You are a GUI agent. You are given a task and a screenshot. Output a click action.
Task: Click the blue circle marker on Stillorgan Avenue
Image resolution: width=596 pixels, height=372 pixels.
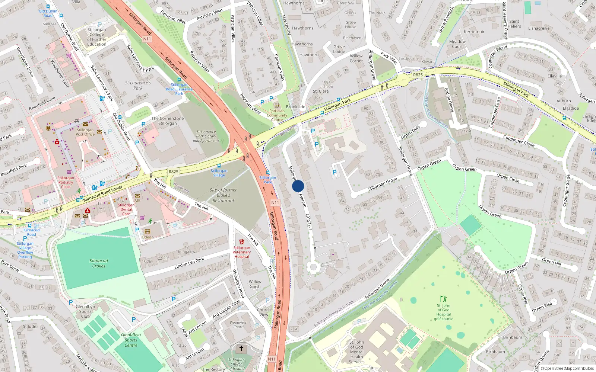coord(298,186)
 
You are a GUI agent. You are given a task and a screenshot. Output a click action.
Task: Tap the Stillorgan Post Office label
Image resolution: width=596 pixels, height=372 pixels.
coord(85,132)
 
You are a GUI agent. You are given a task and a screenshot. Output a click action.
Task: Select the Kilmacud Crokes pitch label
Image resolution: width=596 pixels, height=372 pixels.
coord(99,263)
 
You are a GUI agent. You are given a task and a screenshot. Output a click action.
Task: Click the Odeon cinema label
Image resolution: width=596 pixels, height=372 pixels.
coord(148,237)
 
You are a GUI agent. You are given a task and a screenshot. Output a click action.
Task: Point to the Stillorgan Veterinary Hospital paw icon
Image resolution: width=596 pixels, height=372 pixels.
coord(241,242)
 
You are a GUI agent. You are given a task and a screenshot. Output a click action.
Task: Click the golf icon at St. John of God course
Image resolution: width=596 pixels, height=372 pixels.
coord(443,299)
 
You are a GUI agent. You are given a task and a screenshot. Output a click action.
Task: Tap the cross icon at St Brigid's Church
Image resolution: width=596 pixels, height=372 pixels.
coord(241,349)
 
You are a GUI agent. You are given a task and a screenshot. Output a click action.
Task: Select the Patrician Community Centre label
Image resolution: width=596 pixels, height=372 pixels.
coord(277,115)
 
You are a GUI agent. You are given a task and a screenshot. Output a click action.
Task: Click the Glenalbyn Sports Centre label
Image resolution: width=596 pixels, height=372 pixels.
coord(131,340)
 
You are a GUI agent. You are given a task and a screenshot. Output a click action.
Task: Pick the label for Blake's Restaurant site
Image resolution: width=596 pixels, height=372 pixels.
coord(223,195)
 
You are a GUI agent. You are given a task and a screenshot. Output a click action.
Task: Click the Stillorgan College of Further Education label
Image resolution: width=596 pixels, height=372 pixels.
coord(96,37)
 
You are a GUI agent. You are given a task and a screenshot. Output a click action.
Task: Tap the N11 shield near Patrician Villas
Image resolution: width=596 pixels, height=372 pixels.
coord(147,39)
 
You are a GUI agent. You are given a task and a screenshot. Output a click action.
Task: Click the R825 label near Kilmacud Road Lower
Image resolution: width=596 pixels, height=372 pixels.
coord(173,171)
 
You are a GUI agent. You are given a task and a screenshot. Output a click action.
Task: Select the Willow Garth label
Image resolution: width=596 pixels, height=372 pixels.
coord(255,284)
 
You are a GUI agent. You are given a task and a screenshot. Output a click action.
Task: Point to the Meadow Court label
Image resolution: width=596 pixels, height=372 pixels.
coord(457,44)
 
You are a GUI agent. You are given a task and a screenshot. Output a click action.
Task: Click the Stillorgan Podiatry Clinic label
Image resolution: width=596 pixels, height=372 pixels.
coord(66,182)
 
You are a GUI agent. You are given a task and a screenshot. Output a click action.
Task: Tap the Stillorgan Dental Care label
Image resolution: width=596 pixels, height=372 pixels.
coord(126,209)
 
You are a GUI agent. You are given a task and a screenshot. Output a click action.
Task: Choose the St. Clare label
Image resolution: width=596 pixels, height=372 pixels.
coord(321,91)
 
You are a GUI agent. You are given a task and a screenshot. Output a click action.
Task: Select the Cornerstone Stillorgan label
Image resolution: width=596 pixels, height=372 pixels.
coord(168,121)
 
